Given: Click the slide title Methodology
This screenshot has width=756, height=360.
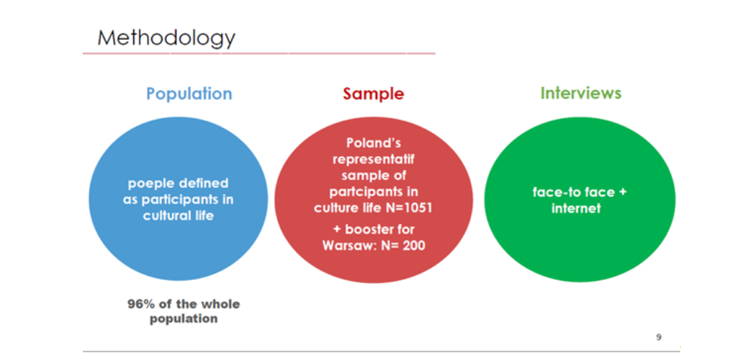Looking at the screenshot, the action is [x=166, y=38].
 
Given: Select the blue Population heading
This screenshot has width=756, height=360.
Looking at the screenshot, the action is [x=189, y=94].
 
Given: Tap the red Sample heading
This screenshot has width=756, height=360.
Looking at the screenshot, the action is [x=374, y=94].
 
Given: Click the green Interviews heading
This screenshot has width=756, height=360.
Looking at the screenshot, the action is [x=580, y=93].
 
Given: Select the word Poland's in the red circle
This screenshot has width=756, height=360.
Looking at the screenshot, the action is [x=374, y=143].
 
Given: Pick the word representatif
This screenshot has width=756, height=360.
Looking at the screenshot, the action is [x=374, y=160].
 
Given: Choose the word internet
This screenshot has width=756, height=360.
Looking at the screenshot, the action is [x=576, y=208].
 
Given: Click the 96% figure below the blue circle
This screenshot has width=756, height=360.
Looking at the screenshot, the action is [x=138, y=304].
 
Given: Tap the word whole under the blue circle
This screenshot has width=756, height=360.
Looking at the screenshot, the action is [x=221, y=304].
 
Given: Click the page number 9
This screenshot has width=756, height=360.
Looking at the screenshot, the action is [x=659, y=338].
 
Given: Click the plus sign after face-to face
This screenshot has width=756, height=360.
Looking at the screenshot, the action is [x=623, y=192].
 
